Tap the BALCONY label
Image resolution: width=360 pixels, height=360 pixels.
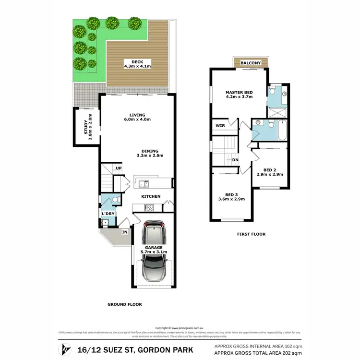click(251, 63)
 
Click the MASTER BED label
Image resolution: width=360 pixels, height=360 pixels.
click(240, 92)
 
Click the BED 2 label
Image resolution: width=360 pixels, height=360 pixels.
click(269, 170)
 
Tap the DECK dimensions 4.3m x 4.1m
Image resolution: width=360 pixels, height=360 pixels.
click(137, 66)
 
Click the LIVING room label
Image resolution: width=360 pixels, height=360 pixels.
click(137, 115)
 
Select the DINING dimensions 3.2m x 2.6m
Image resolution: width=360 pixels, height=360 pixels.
click(150, 155)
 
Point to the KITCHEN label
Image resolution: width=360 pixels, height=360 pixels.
click(150, 196)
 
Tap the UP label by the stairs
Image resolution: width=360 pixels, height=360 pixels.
click(118, 168)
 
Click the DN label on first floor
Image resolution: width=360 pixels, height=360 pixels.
click(235, 160)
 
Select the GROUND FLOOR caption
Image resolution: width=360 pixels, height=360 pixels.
click(124, 304)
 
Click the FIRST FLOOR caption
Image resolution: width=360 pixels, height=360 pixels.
click(251, 234)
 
